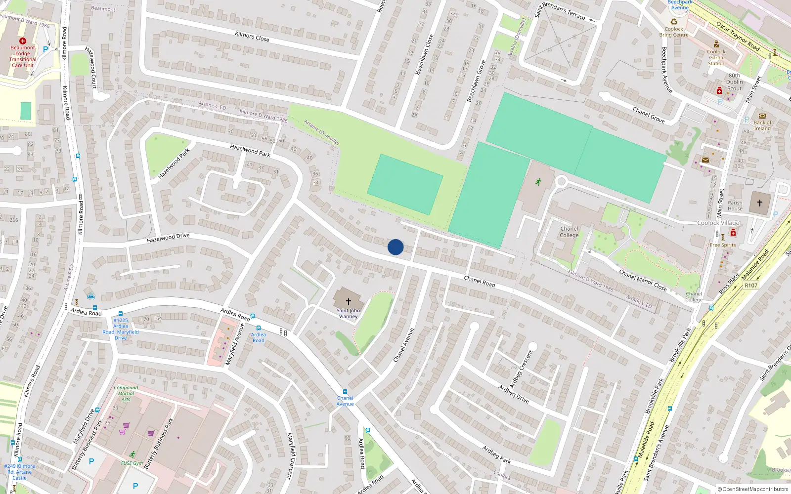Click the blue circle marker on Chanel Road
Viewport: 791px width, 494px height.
(x=395, y=247)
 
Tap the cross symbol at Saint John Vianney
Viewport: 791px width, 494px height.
(x=349, y=301)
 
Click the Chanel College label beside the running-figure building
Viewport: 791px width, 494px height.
(x=569, y=232)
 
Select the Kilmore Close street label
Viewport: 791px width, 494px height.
(x=252, y=37)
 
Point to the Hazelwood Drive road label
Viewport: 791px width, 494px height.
(x=168, y=238)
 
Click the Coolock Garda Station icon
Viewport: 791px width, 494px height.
(x=716, y=44)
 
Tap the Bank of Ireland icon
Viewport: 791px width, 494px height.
(x=762, y=116)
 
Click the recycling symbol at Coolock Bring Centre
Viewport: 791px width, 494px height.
(x=673, y=22)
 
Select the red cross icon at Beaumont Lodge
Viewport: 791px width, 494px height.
(x=23, y=41)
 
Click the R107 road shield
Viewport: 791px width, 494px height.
(x=751, y=286)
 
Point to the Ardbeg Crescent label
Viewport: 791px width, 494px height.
(x=522, y=369)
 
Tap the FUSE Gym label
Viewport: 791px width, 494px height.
(x=132, y=463)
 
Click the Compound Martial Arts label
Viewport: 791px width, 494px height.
(x=126, y=393)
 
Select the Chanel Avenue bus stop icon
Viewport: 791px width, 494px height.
(x=345, y=392)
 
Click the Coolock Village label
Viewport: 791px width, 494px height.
(x=718, y=223)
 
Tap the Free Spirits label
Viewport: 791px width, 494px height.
(x=723, y=245)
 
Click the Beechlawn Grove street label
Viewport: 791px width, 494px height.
(x=477, y=81)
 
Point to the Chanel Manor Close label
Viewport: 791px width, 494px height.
(x=643, y=280)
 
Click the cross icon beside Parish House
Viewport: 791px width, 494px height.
(x=760, y=203)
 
